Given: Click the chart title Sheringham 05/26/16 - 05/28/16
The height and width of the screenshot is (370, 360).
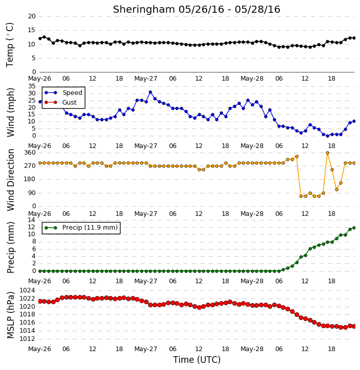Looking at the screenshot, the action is (x=197, y=10).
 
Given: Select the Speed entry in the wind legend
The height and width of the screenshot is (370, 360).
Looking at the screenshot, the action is (x=63, y=93).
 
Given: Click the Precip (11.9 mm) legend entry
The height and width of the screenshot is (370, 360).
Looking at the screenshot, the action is (x=81, y=228).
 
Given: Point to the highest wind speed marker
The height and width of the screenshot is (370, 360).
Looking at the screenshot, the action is (x=150, y=92).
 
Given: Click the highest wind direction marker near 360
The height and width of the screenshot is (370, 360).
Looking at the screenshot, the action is (x=327, y=153).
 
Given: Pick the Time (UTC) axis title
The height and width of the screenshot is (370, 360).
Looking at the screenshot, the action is (x=197, y=360).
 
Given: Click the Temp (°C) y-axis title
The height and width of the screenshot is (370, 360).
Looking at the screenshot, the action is (x=10, y=45).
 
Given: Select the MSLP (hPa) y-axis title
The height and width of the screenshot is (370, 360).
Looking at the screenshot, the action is (x=10, y=315).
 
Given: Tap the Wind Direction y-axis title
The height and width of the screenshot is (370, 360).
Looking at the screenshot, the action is (x=11, y=180).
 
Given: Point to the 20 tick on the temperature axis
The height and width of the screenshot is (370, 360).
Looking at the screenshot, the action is (x=32, y=16).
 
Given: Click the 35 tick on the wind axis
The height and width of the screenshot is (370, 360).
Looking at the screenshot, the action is (x=32, y=86).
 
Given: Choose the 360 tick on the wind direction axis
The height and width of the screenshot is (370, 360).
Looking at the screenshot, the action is (x=30, y=153).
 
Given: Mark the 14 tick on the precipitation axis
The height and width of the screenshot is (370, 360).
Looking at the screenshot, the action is (x=32, y=220).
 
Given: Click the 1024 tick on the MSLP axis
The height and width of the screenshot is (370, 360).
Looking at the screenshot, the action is (x=28, y=290).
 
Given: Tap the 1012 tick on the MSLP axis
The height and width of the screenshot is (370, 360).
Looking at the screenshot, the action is (x=28, y=339).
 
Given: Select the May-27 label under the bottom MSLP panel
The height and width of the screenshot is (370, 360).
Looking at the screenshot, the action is (x=146, y=349).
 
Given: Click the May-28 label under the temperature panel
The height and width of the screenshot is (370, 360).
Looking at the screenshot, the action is (x=252, y=79).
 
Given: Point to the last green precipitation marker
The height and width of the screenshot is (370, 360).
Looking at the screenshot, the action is (x=354, y=228).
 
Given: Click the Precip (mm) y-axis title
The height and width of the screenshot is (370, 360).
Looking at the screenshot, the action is (x=10, y=248).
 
